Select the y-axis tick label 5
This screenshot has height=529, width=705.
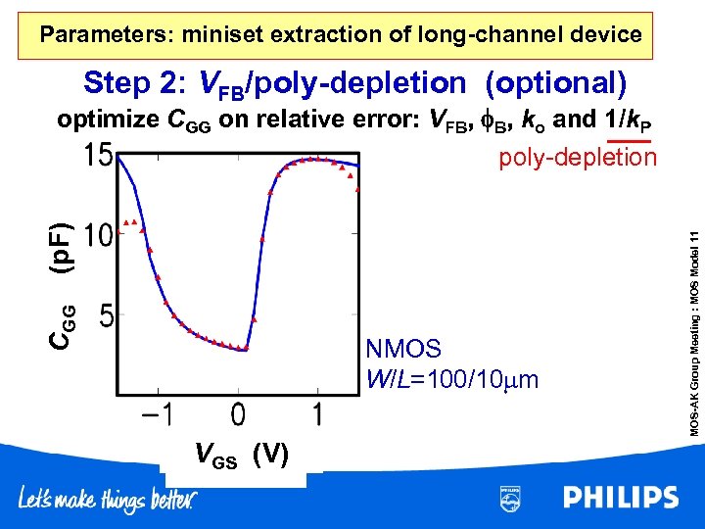(x=109, y=315)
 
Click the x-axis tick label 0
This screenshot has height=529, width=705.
(x=238, y=414)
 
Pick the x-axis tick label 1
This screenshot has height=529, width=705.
(x=317, y=414)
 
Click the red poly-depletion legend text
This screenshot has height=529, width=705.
(x=578, y=158)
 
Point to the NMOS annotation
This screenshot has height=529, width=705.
(x=403, y=348)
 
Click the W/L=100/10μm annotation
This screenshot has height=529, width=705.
(x=451, y=377)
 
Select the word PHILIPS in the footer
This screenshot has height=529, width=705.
(x=620, y=498)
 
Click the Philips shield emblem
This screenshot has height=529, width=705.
(x=510, y=498)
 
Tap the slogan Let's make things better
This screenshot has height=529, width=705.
(x=107, y=500)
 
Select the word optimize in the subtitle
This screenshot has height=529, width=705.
(x=108, y=120)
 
